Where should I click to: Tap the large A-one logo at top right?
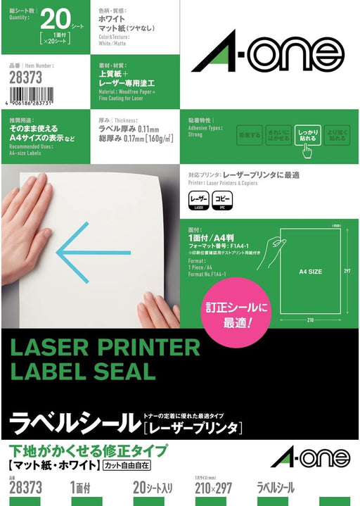click(268, 51)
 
